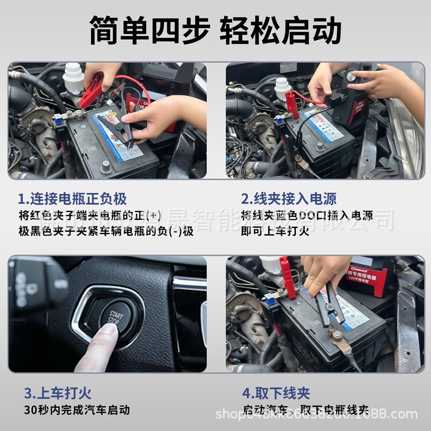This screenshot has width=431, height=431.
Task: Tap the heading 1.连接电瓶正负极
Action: tap(72, 198)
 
